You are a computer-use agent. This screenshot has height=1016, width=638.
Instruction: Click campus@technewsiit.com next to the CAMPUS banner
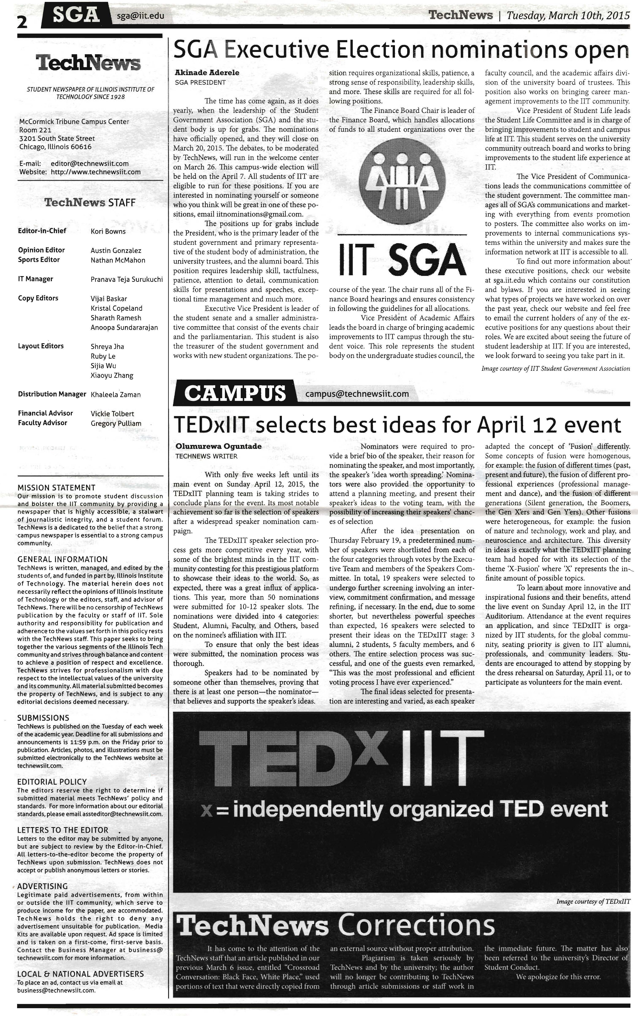coord(357,394)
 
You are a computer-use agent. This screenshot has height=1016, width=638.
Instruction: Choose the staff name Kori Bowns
coord(108,231)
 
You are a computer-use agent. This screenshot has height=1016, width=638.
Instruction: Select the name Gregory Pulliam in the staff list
coord(116,423)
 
